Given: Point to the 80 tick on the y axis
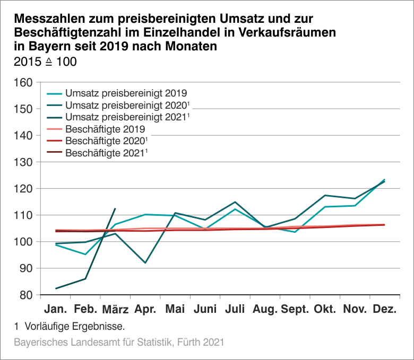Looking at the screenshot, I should click(x=24, y=295).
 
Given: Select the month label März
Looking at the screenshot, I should click(x=115, y=309).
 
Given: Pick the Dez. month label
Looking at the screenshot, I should click(x=384, y=309).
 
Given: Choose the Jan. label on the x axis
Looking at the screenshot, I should click(x=55, y=309).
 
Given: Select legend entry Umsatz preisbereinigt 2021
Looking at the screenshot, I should click(x=126, y=117).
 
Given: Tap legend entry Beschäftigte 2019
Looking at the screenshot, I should click(x=105, y=129).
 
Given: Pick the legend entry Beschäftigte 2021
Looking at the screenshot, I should click(x=105, y=153).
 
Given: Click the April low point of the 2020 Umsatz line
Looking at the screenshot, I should click(x=145, y=263).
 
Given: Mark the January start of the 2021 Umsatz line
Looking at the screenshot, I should click(x=56, y=288).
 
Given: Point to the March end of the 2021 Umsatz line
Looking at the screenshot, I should click(x=115, y=208).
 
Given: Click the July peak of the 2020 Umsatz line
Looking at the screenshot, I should click(x=235, y=202).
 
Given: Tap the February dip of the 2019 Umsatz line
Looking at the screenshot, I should click(x=85, y=254).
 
